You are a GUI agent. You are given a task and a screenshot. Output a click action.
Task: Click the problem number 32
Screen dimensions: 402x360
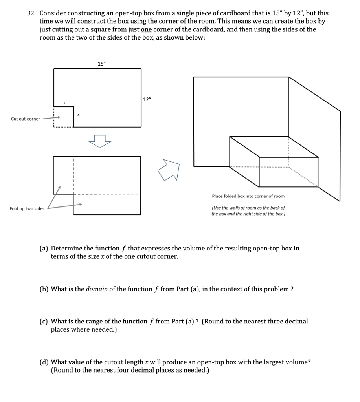(x=31, y=13)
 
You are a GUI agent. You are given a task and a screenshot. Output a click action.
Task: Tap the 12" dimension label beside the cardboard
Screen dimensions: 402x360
(x=147, y=100)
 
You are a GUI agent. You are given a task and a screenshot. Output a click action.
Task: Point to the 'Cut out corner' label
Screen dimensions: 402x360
(x=26, y=119)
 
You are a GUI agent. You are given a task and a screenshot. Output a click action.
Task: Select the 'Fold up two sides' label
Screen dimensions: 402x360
(x=27, y=208)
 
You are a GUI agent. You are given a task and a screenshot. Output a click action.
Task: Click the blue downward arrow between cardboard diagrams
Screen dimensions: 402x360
(x=101, y=141)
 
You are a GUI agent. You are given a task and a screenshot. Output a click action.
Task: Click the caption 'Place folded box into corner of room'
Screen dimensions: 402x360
(x=248, y=196)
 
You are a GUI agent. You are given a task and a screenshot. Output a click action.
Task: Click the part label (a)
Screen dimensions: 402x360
(x=44, y=249)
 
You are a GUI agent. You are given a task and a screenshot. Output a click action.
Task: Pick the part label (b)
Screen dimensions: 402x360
(x=45, y=289)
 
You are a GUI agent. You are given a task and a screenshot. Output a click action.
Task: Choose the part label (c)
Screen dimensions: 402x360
(x=44, y=322)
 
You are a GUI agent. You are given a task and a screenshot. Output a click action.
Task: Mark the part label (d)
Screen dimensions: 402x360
(x=45, y=362)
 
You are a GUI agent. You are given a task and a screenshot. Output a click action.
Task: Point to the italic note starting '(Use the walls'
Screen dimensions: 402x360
(x=248, y=211)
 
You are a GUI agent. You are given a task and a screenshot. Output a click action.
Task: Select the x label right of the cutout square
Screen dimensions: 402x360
(x=79, y=115)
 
